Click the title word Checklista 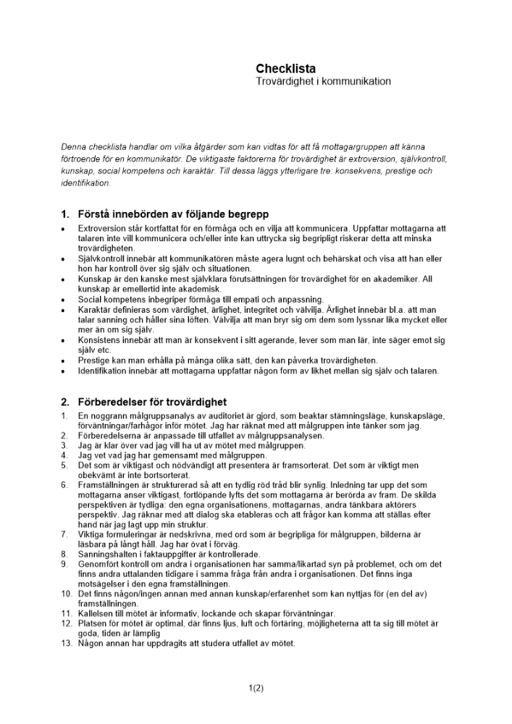[285, 69]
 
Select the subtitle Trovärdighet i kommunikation [323, 82]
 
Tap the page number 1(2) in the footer [256, 689]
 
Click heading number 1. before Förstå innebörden [65, 214]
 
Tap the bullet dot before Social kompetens [64, 299]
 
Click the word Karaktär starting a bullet [95, 309]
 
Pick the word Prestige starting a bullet [95, 361]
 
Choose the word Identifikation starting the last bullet [105, 371]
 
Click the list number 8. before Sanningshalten [64, 554]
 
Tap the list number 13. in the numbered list [66, 644]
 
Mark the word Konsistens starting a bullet [101, 340]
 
